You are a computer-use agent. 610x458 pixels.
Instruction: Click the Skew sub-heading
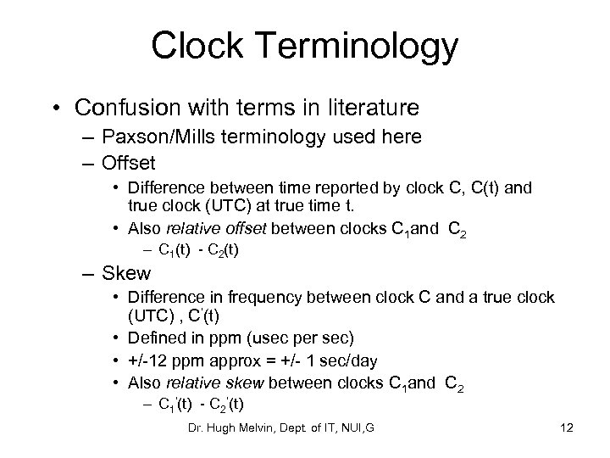click(127, 273)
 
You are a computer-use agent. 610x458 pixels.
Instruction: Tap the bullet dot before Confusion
click(55, 109)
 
